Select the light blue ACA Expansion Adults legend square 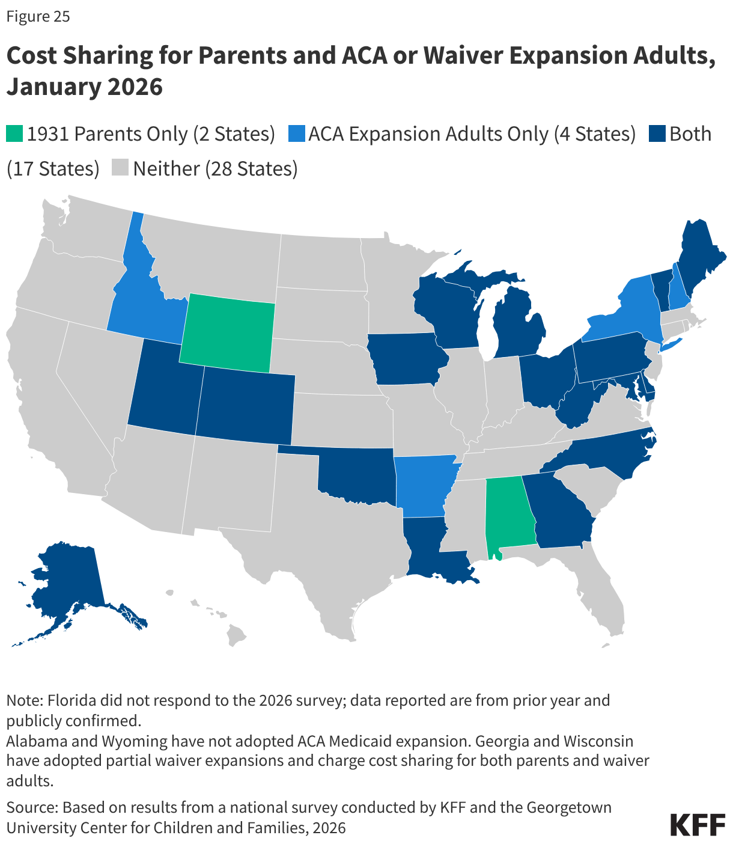pos(296,134)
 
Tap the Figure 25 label pos(38,16)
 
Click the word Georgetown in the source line pos(568,807)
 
